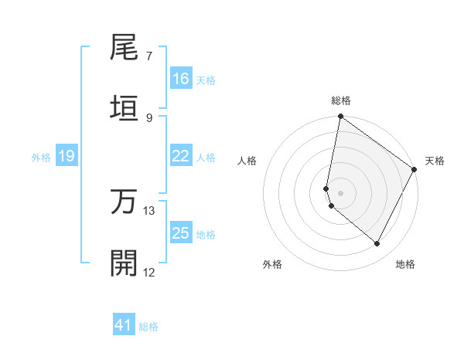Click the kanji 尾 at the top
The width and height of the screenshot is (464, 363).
125,49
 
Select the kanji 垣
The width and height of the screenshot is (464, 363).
125,108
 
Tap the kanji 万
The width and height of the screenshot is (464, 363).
125,202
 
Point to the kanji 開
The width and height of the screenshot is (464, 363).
125,263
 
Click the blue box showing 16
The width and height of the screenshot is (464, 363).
181,79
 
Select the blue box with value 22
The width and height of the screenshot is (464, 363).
181,156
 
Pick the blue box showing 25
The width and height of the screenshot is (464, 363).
181,233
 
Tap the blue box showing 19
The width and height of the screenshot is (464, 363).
67,156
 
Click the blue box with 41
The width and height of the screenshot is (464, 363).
124,325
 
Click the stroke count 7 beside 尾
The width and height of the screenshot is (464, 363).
149,56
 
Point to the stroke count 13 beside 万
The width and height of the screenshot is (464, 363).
149,210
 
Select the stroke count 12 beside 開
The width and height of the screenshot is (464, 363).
149,271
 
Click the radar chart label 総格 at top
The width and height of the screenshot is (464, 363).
341,100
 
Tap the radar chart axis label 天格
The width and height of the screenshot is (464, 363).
435,161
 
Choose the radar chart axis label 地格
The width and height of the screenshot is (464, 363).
405,265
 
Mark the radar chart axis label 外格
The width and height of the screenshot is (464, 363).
272,265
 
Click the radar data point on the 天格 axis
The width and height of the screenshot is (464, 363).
415,170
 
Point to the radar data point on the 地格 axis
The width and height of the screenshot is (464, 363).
377,243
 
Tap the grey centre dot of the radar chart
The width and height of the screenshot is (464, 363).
341,193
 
